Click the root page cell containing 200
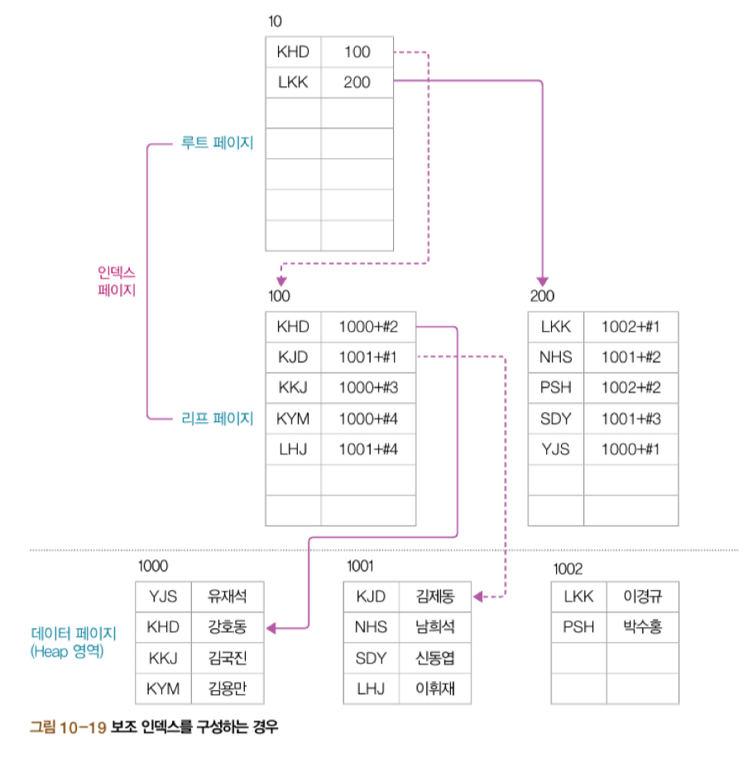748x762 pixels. click(357, 83)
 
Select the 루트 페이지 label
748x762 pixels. click(217, 143)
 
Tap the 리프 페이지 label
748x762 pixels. click(217, 419)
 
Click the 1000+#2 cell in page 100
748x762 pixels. click(368, 327)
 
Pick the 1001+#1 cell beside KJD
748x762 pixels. click(368, 357)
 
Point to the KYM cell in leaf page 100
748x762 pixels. click(293, 419)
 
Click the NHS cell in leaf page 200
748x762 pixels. click(555, 357)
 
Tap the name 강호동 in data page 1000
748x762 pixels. click(228, 627)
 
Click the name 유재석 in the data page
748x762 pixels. click(228, 597)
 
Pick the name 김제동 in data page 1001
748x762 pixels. click(435, 597)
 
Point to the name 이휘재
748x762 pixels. click(435, 688)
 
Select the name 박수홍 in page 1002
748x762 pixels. click(642, 627)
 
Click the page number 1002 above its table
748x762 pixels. click(568, 569)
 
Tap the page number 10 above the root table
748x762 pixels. click(275, 21)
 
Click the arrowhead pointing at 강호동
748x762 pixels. click(271, 629)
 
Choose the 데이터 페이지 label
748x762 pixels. click(74, 633)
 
